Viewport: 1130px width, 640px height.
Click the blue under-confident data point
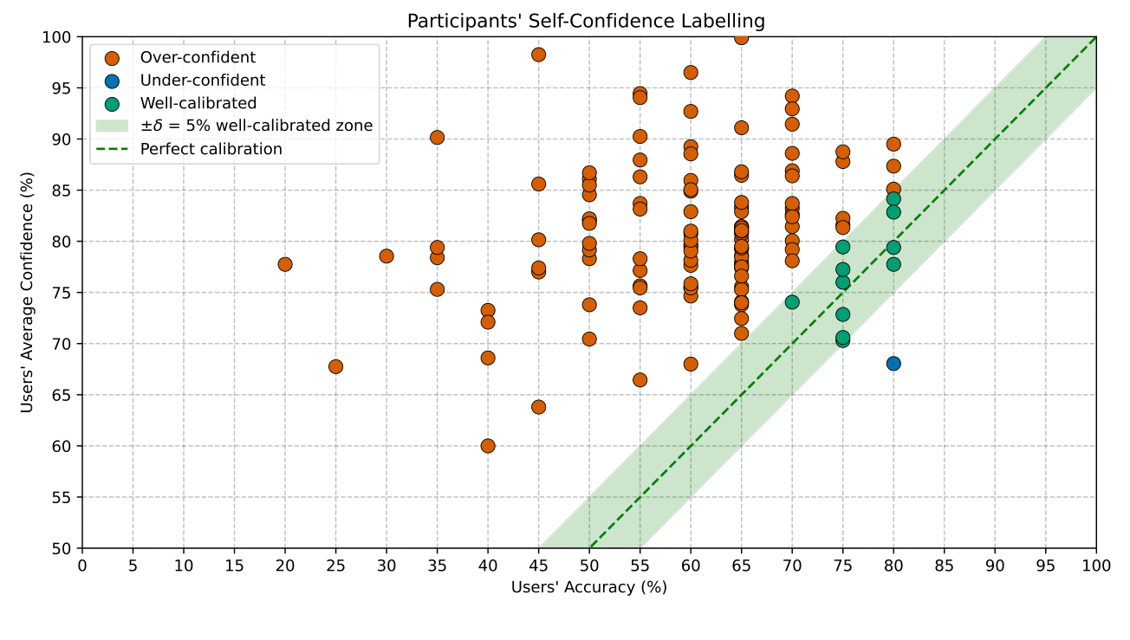tap(893, 363)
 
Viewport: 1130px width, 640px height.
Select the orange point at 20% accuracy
tap(285, 264)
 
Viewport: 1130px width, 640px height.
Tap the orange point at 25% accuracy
tap(335, 366)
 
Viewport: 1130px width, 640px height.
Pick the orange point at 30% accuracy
tap(386, 255)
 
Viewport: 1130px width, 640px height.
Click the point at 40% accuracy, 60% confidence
tap(488, 446)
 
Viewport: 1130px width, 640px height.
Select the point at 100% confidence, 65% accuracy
tap(741, 37)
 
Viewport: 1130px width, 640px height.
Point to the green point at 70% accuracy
tap(792, 302)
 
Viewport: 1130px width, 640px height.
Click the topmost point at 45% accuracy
tap(538, 55)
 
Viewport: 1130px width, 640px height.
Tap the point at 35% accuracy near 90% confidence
tap(437, 138)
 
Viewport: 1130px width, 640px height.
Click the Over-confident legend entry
tap(198, 58)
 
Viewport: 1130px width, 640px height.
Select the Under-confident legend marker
tap(112, 81)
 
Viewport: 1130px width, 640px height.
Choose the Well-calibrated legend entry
tap(198, 103)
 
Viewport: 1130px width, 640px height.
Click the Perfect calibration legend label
tap(211, 149)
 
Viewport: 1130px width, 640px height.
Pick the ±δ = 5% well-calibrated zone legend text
tap(257, 126)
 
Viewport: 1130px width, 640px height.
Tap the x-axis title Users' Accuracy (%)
tap(588, 587)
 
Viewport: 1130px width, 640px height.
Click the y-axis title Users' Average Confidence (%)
tap(28, 293)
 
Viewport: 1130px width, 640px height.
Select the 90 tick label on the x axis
tap(995, 565)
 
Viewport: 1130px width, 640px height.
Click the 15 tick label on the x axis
tap(234, 565)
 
